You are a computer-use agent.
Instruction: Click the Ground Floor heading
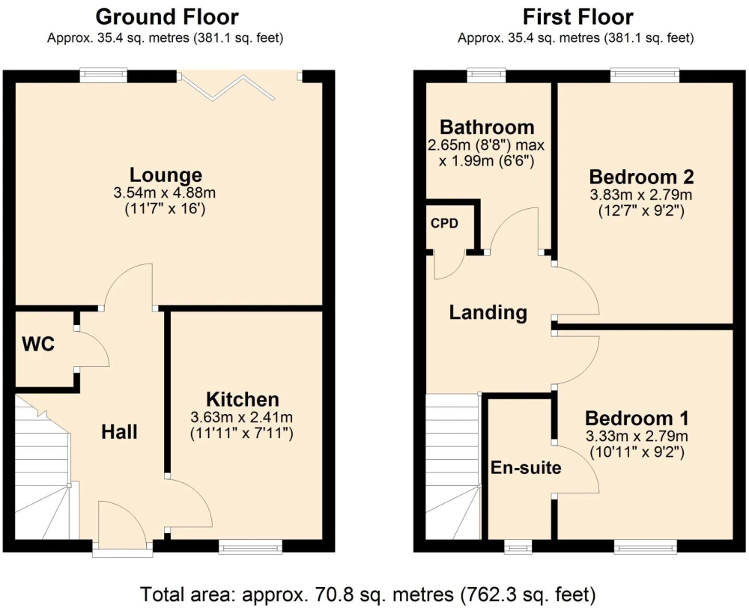tap(167, 17)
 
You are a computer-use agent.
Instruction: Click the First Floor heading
tap(577, 17)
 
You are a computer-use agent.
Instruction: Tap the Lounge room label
tap(166, 174)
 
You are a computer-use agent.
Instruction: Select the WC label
tap(38, 344)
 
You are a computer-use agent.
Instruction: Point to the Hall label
tap(119, 432)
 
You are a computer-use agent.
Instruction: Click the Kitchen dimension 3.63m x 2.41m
tap(241, 417)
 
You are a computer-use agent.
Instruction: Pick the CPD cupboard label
tap(444, 223)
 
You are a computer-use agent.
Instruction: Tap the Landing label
tap(488, 313)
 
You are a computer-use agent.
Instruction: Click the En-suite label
tap(526, 467)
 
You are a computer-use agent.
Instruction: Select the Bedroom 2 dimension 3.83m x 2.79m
tap(641, 195)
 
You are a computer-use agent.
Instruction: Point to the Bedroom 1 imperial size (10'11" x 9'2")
tap(637, 452)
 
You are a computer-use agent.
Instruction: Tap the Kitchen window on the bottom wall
tap(250, 547)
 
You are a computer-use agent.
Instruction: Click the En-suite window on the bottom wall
tap(518, 547)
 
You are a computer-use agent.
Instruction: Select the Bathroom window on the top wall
tap(486, 76)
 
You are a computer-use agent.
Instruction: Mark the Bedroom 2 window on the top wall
tap(645, 76)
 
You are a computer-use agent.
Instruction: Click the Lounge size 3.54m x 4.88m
tap(164, 193)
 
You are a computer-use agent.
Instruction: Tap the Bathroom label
tap(487, 127)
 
